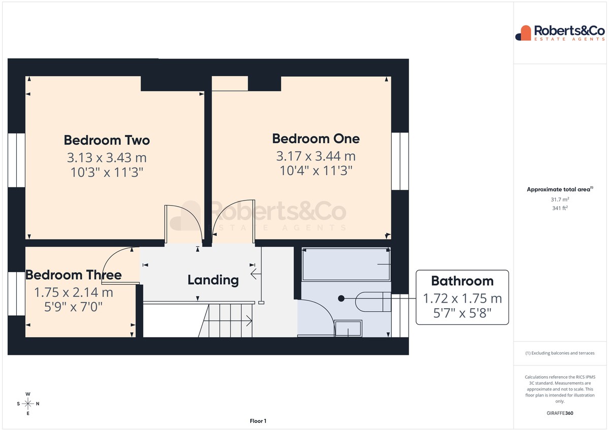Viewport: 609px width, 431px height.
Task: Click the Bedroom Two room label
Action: point(107,140)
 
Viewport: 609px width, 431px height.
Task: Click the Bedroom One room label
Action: point(316,139)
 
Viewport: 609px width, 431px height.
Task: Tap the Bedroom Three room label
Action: point(74,275)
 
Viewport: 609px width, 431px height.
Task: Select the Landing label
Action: point(213,280)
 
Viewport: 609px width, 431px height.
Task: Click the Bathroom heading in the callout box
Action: point(462,281)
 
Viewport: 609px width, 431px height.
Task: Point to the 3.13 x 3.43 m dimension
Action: point(107,158)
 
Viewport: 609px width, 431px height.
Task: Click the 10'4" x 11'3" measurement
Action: point(316,171)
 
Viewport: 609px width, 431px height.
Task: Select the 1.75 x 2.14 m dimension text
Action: point(74,292)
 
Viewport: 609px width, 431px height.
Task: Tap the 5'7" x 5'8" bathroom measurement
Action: point(462,313)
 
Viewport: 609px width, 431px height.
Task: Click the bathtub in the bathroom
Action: point(346,264)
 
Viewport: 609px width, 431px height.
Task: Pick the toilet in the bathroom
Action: point(373,302)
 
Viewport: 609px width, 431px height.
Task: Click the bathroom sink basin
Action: point(348,328)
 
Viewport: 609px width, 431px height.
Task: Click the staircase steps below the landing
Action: point(225,321)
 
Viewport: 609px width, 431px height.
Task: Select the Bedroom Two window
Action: point(16,160)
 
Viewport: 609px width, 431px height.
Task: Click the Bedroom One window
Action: point(400,161)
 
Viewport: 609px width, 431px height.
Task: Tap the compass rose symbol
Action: point(28,404)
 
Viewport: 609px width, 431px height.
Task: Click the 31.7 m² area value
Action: point(560,200)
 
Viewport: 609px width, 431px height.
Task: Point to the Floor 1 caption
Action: point(258,421)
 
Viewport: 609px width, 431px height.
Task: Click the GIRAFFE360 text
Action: point(560,413)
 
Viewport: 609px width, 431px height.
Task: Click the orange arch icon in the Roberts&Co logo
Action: point(526,33)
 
